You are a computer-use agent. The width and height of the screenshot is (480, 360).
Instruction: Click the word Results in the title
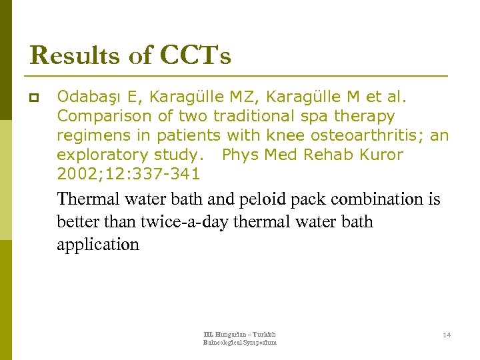pyautogui.click(x=74, y=55)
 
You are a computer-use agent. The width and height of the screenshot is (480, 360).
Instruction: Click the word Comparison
pyautogui.click(x=105, y=116)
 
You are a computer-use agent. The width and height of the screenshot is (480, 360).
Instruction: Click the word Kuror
pyautogui.click(x=379, y=155)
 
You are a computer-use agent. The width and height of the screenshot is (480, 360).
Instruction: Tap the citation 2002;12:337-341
pyautogui.click(x=128, y=174)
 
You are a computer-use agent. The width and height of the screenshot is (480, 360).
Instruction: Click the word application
pyautogui.click(x=98, y=245)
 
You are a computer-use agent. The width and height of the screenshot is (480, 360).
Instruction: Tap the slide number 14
pyautogui.click(x=447, y=335)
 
